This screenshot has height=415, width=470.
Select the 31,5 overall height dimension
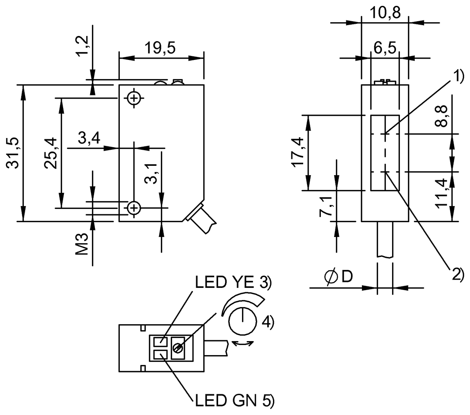[x=14, y=153]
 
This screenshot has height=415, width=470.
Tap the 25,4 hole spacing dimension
[x=51, y=153]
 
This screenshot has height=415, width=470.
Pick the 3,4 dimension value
[x=89, y=138]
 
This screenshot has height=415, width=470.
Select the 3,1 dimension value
[x=153, y=173]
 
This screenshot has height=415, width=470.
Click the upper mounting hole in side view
[x=134, y=98]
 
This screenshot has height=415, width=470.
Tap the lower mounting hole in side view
[x=134, y=207]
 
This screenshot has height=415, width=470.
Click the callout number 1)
[x=458, y=76]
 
